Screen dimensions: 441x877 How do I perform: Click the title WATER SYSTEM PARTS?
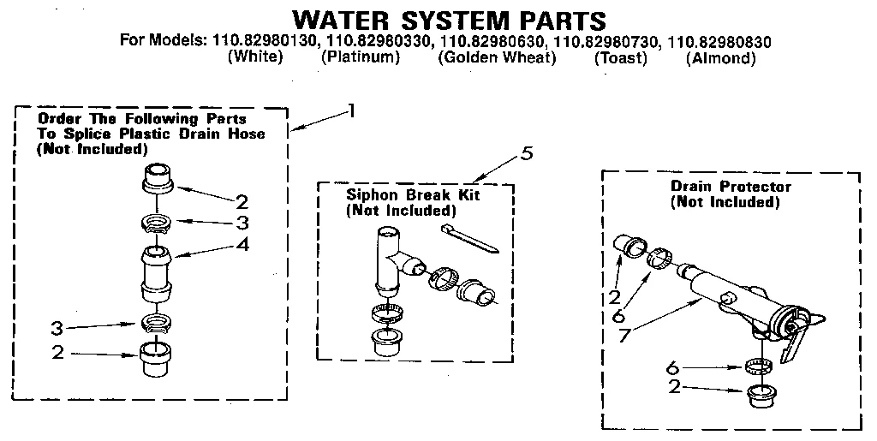coord(449,20)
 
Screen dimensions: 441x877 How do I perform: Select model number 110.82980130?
coord(266,41)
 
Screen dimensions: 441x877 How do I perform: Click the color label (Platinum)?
coord(361,58)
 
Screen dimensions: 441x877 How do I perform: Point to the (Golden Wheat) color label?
coord(497,58)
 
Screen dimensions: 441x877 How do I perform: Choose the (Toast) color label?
coord(621,58)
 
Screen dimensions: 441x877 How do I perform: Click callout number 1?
coord(350,110)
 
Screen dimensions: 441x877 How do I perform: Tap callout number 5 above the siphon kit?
coord(527,154)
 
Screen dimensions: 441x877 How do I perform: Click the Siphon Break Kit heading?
coord(413,195)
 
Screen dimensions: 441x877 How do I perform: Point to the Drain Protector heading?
coord(731,187)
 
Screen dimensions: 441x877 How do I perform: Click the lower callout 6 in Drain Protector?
coord(674,367)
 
